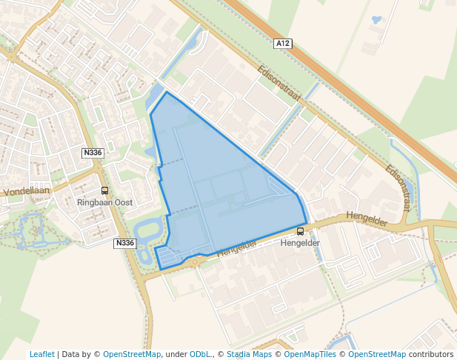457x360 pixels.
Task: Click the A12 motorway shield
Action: tap(283, 44)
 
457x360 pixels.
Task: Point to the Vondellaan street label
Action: tap(26, 191)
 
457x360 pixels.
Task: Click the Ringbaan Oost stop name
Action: tap(104, 201)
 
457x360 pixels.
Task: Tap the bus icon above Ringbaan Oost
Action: tap(104, 190)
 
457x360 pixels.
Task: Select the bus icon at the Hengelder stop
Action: tap(300, 232)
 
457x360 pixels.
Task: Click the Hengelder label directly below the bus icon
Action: tap(300, 243)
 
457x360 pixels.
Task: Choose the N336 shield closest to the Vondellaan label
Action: tap(93, 153)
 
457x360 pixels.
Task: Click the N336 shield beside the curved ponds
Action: tap(125, 243)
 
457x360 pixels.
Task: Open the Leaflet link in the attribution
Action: tap(42, 354)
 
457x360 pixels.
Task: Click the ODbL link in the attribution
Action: tap(201, 354)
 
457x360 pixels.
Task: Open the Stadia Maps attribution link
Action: tap(249, 354)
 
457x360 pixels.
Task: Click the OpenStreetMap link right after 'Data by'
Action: tap(132, 354)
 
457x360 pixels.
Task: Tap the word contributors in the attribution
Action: tap(431, 354)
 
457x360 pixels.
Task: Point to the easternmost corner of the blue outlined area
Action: tap(307, 223)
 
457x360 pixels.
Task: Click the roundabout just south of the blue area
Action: tap(195, 261)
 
